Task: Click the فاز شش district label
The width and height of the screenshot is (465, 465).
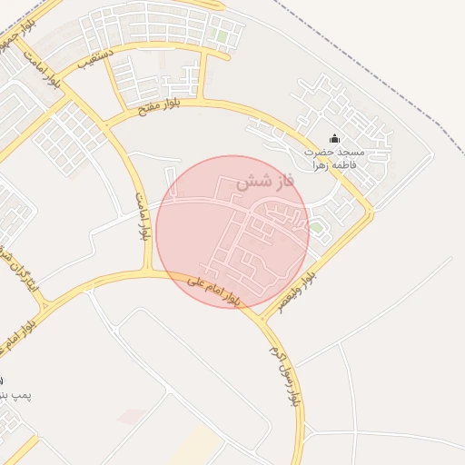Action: (x=266, y=182)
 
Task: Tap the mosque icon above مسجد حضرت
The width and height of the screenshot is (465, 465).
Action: (x=334, y=139)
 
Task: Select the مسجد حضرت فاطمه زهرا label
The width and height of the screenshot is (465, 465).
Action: (x=334, y=158)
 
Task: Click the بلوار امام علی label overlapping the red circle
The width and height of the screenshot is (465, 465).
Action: (x=213, y=290)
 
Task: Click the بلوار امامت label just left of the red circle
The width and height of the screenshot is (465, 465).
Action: (x=142, y=216)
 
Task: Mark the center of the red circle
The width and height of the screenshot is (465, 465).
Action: (x=232, y=232)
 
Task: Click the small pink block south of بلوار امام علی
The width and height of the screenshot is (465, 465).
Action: (x=132, y=417)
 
